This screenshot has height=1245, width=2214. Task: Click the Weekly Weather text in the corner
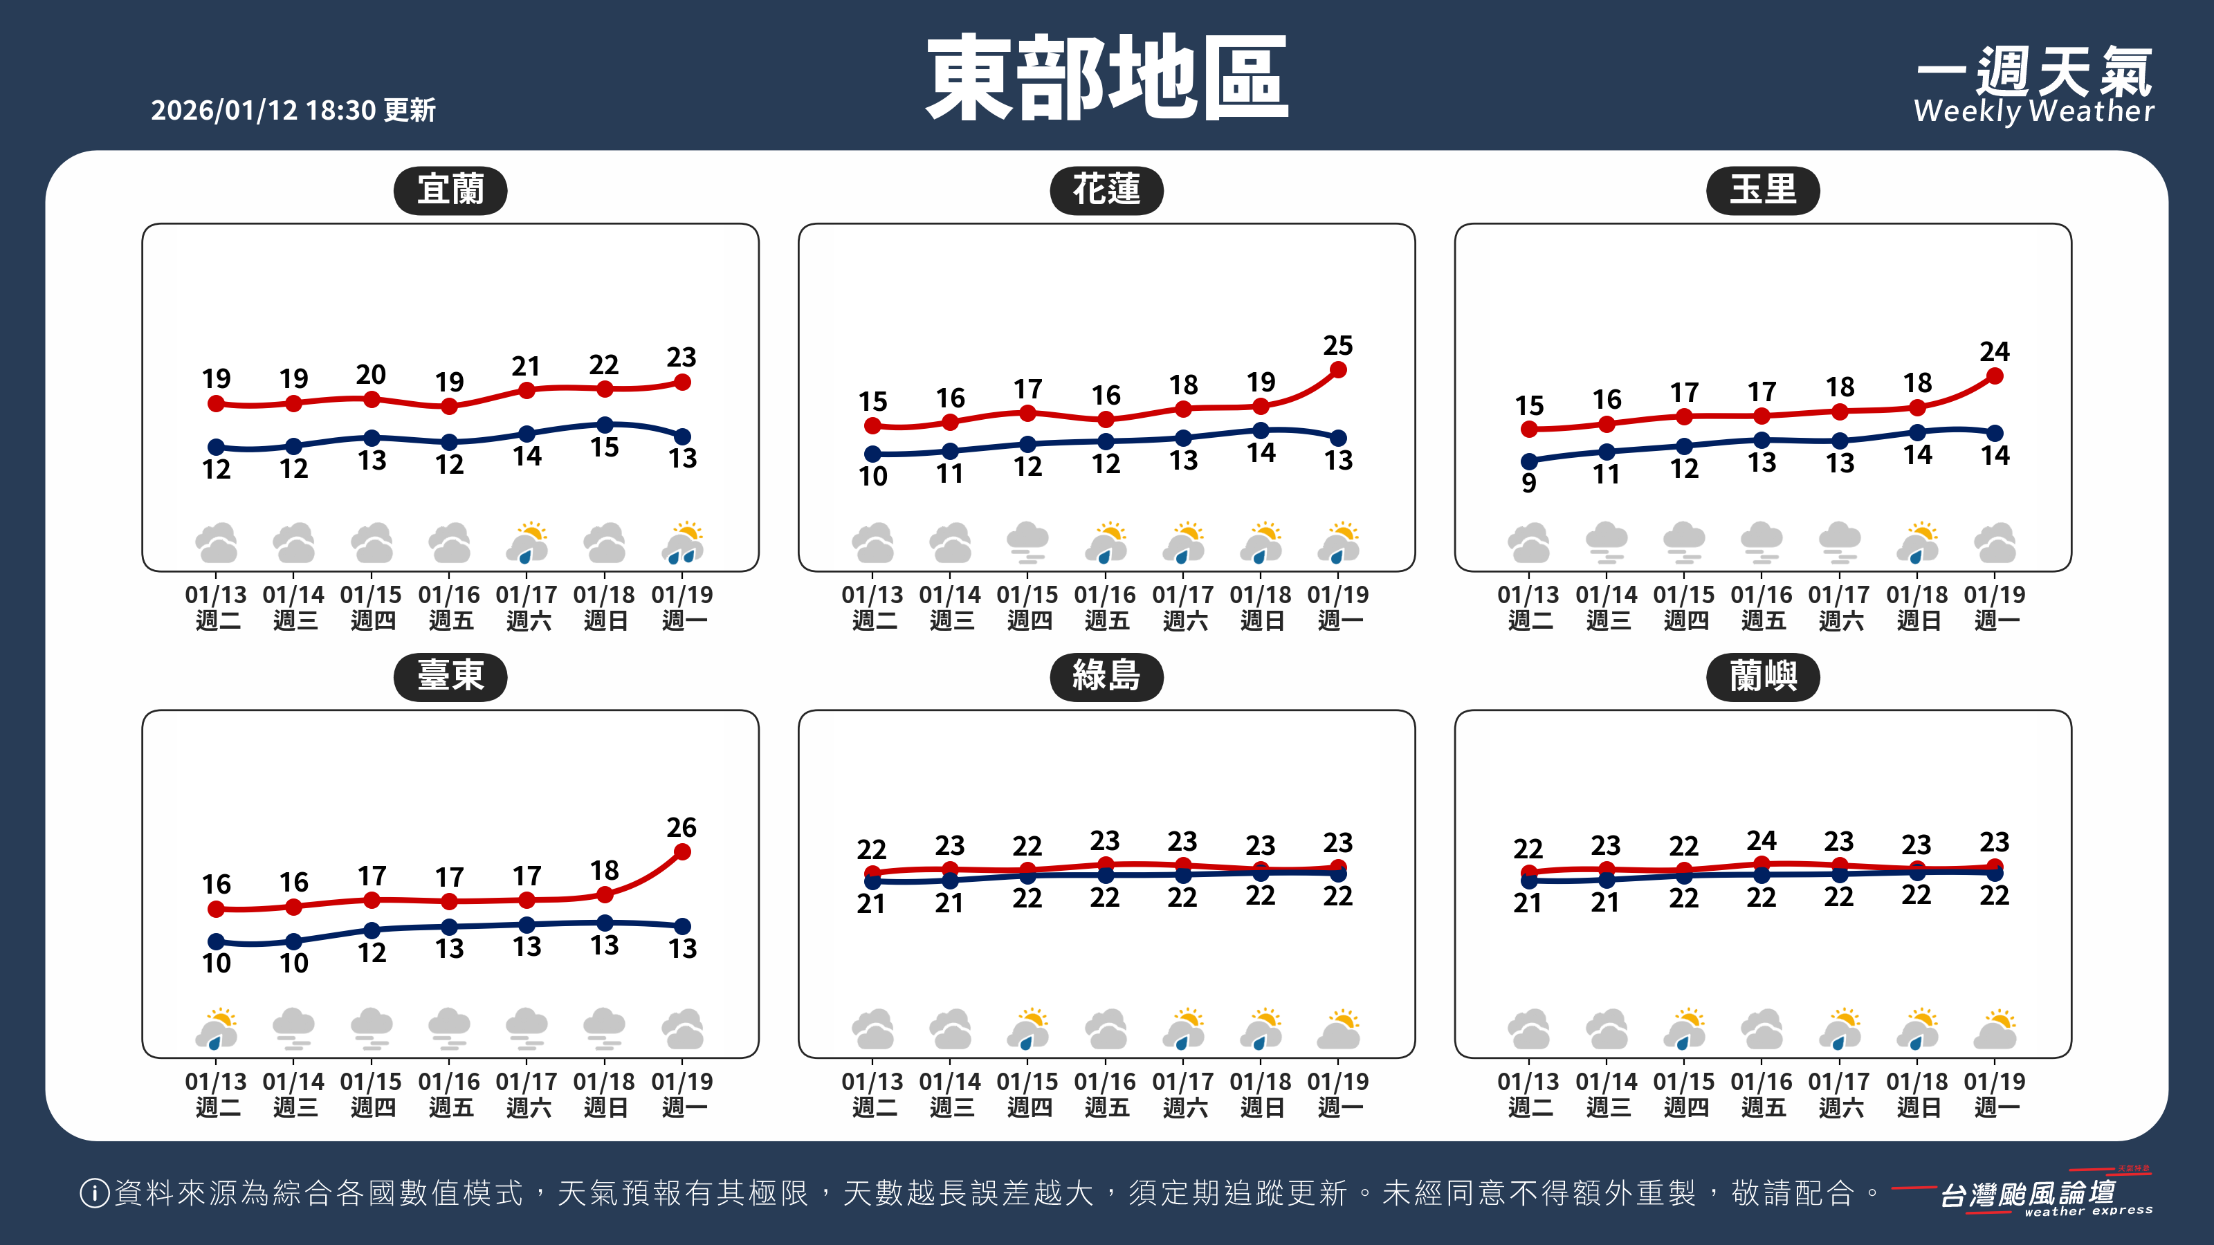(x=2033, y=111)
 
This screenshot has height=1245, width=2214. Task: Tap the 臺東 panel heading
(x=450, y=676)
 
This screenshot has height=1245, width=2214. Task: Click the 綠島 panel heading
(x=1106, y=676)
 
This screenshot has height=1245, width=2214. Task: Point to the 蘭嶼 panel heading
(x=1763, y=676)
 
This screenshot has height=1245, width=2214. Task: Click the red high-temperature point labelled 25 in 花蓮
(x=1338, y=370)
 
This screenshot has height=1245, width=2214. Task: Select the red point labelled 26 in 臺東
(x=682, y=851)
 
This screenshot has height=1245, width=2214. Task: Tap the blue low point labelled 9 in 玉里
(x=1529, y=461)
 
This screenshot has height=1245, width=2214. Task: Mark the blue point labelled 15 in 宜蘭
(x=605, y=425)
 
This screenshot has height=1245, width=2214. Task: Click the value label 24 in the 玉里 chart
(x=1995, y=351)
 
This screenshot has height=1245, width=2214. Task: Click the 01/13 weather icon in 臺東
(x=217, y=1029)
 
